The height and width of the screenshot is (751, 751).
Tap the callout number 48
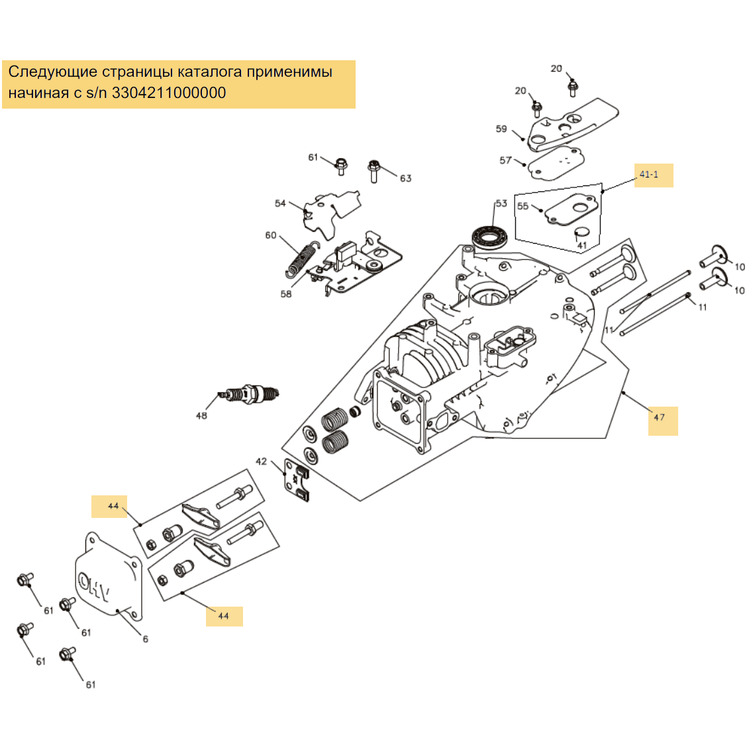coord(201,416)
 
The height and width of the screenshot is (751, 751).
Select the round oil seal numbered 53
coord(489,236)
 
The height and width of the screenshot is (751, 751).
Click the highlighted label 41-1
coord(650,175)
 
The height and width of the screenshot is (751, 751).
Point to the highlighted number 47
coord(660,417)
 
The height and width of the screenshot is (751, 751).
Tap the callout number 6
coord(146,639)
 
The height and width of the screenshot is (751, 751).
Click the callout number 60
coord(271,235)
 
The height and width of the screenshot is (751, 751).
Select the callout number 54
coord(281,203)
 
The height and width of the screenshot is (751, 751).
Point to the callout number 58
coord(286,294)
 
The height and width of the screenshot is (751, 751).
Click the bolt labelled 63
coord(374,170)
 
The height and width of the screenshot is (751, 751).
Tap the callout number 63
coord(405,178)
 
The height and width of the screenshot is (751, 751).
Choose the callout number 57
coord(506,160)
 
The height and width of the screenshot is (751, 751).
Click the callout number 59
coord(501,129)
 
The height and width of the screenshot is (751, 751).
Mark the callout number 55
coord(523,206)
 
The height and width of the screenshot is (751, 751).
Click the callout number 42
coord(262,462)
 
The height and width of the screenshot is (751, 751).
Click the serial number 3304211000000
coord(169,93)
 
